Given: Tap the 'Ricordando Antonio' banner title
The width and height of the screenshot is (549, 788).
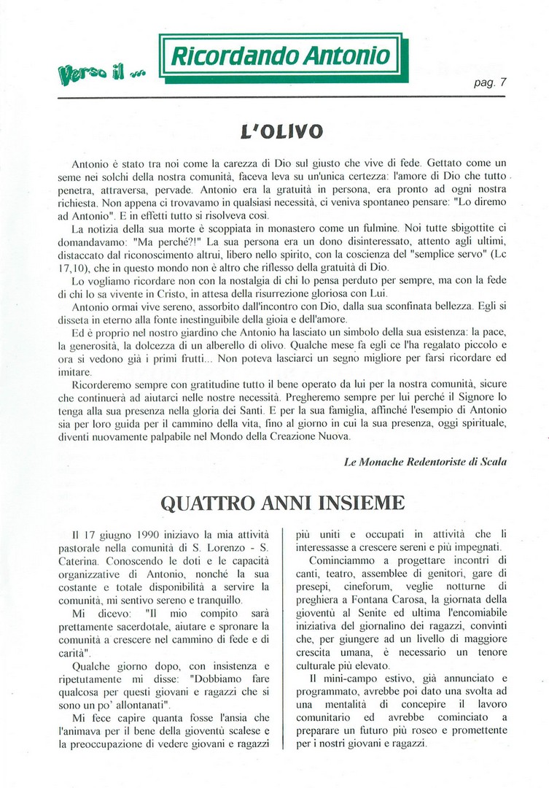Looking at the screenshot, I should (280, 56).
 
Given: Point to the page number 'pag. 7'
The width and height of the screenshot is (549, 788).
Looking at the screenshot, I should (490, 82).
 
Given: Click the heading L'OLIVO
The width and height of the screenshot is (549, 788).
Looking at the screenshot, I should (280, 133).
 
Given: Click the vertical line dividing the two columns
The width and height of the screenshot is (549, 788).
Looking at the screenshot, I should (285, 636).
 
